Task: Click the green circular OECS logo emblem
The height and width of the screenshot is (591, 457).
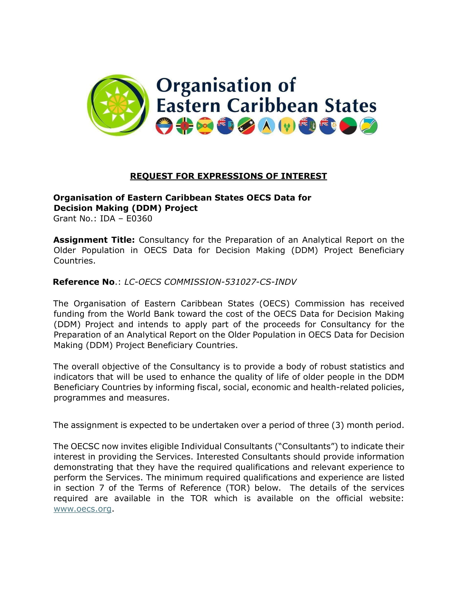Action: [118, 105]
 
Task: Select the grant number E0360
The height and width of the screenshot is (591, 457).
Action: [139, 219]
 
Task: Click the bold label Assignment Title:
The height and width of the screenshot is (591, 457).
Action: [94, 240]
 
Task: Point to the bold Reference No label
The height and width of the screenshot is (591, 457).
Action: [84, 282]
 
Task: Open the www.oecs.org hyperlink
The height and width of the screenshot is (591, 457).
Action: [83, 509]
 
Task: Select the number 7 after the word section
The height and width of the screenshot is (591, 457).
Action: [102, 488]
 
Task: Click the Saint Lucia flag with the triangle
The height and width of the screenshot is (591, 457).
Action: [266, 126]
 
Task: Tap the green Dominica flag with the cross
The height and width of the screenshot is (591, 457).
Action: [185, 126]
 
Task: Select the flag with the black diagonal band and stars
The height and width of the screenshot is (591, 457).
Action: [246, 126]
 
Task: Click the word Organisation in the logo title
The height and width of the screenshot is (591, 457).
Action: [214, 85]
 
